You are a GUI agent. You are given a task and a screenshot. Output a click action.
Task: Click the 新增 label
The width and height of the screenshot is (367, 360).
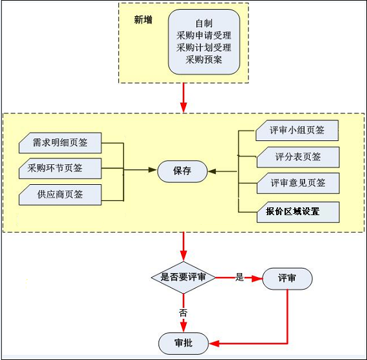(x=143, y=20)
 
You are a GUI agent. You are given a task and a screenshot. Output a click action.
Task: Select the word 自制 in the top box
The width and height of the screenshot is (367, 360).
(x=204, y=23)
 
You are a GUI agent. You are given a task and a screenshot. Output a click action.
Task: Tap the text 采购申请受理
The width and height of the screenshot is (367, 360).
(x=204, y=35)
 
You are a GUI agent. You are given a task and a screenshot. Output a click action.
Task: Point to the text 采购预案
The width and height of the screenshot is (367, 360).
(x=204, y=59)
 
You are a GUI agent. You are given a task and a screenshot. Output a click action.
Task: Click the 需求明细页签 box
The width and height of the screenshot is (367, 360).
(x=60, y=143)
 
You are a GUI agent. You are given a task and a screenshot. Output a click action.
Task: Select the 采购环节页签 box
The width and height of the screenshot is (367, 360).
(x=60, y=169)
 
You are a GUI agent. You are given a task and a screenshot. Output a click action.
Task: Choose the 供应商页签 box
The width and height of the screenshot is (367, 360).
(x=60, y=194)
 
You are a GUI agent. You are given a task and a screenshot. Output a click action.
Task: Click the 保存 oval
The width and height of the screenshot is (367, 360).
(x=182, y=171)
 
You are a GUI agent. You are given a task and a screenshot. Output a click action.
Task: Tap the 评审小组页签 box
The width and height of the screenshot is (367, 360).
(x=297, y=130)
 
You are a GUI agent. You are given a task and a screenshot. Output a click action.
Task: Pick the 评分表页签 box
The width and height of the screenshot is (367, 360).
(x=298, y=157)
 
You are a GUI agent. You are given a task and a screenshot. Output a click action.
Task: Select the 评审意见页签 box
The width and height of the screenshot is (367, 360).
(x=298, y=184)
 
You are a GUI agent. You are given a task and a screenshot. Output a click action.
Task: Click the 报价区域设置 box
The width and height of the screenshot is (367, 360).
(x=298, y=212)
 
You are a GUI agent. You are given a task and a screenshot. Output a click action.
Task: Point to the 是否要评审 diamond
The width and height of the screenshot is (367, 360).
(x=183, y=278)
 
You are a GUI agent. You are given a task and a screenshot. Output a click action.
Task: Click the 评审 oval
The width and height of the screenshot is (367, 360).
(x=287, y=279)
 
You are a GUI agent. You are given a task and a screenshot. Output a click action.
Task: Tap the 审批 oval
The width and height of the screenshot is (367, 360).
(x=183, y=343)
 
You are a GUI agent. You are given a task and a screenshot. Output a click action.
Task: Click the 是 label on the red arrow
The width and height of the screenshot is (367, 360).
(x=240, y=278)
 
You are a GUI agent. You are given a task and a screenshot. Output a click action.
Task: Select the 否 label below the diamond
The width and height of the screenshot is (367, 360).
(x=183, y=312)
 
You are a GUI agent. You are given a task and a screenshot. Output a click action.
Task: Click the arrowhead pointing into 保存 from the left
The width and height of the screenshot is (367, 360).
(x=153, y=170)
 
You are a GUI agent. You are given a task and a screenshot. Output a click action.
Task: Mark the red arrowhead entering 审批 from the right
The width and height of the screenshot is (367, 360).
(x=214, y=344)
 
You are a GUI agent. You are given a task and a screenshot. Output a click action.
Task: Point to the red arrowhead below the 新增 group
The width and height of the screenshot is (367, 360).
(x=183, y=108)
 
